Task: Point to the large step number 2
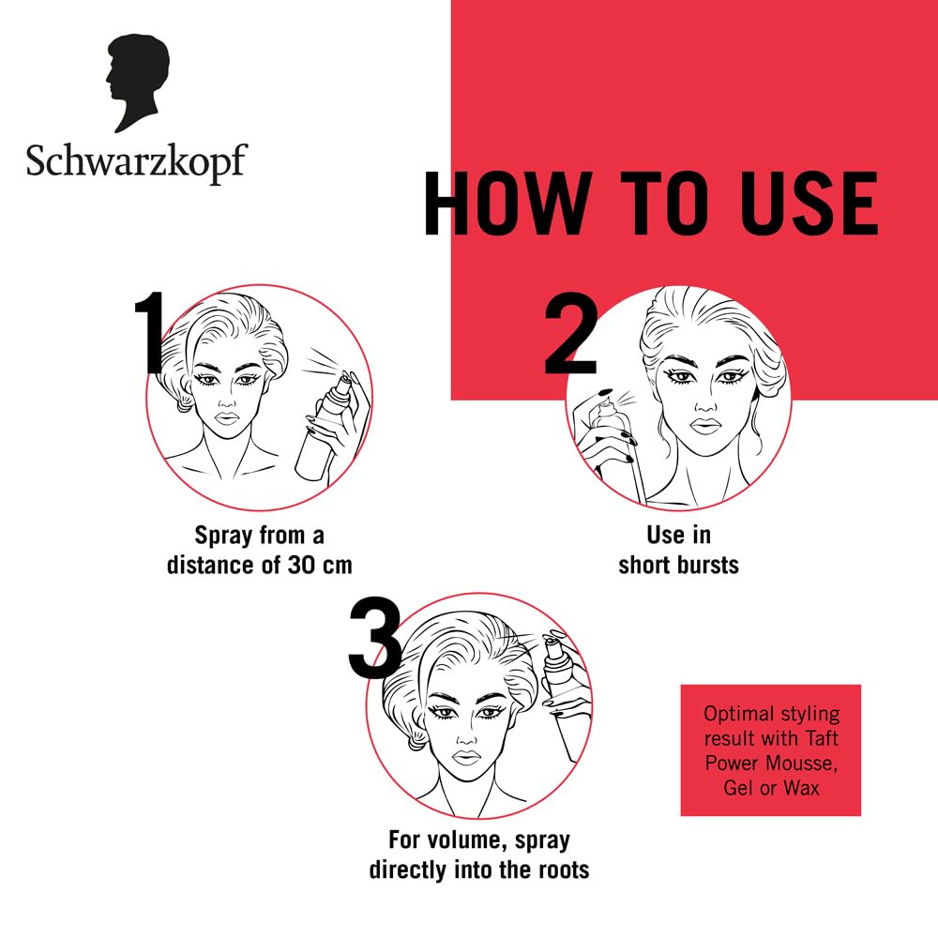(569, 335)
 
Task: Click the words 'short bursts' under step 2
(678, 567)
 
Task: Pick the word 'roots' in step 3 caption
(560, 870)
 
